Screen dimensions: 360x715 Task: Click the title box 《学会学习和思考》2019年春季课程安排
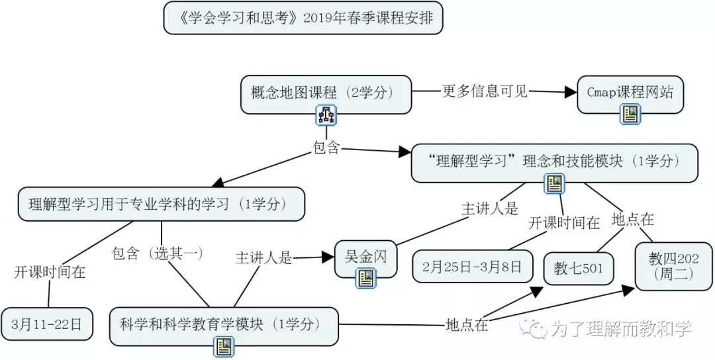(x=303, y=19)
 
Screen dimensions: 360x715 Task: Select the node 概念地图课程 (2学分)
(x=326, y=93)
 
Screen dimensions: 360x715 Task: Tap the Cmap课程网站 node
(x=630, y=93)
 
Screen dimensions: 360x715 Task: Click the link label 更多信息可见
(x=485, y=91)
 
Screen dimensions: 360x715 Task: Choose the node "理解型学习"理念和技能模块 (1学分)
(x=553, y=161)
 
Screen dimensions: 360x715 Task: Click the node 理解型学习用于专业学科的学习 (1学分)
(x=161, y=204)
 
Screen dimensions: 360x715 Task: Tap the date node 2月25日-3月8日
(x=472, y=267)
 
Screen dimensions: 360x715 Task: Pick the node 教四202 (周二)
(x=674, y=265)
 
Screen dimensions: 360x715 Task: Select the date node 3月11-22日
(x=46, y=324)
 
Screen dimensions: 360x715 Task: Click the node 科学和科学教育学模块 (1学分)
(x=223, y=324)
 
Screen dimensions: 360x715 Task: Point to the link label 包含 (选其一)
(x=157, y=253)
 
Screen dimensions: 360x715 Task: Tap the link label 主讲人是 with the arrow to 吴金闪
(x=263, y=258)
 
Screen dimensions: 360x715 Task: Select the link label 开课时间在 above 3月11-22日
(x=50, y=272)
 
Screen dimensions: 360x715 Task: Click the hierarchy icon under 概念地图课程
(x=326, y=116)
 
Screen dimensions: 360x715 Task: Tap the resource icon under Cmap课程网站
(x=630, y=115)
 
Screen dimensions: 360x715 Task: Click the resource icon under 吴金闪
(x=365, y=279)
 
